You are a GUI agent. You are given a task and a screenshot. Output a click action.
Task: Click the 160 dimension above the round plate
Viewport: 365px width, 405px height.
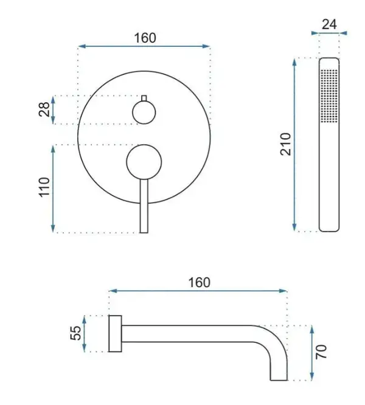[145, 38]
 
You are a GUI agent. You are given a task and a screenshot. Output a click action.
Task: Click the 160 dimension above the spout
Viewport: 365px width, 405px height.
[199, 282]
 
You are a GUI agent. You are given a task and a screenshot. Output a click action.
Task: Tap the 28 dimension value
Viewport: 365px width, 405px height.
[44, 109]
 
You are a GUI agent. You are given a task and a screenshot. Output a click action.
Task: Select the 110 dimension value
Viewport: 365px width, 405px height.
[44, 187]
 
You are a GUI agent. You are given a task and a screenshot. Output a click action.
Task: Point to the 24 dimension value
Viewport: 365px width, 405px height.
[329, 24]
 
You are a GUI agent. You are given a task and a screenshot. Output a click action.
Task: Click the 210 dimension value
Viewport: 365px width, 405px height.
[285, 144]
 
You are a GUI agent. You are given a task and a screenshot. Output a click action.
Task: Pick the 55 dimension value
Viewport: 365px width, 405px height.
[75, 333]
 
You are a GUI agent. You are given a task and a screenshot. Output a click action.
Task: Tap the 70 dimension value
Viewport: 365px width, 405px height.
[321, 351]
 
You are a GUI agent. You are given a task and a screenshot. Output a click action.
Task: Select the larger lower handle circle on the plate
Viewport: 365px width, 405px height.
[144, 162]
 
